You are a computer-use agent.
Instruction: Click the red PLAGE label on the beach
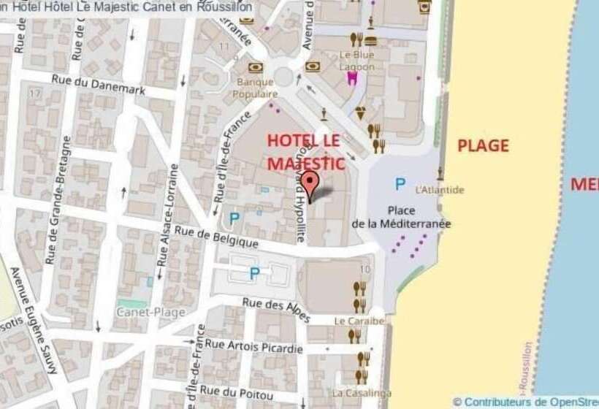coord(483,145)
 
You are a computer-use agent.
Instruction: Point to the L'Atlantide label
coord(439,190)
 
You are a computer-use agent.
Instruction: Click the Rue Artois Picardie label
coord(253,345)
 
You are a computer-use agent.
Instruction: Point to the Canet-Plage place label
coord(150,312)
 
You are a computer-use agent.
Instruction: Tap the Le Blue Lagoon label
coord(356,61)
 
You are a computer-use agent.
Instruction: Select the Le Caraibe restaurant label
coord(359,321)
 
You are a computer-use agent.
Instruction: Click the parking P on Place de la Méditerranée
coord(400,184)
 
